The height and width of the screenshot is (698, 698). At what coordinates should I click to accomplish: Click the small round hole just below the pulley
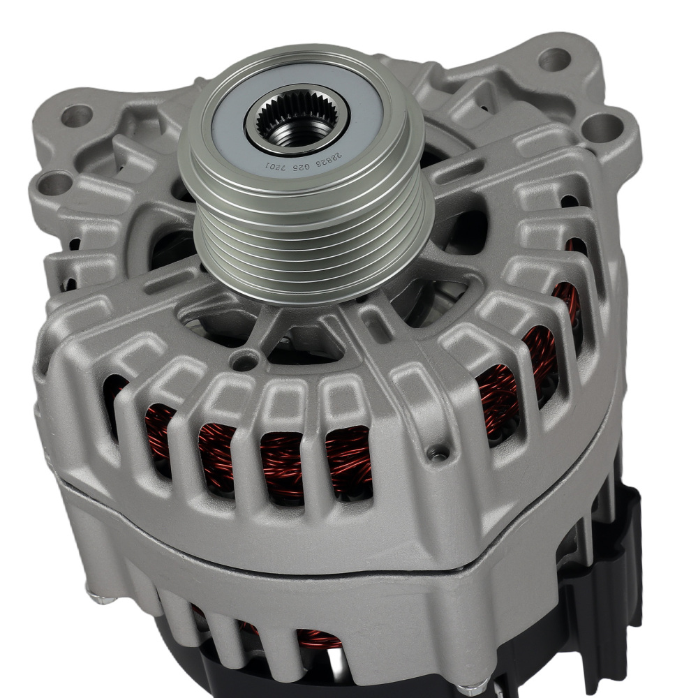coord(243,362)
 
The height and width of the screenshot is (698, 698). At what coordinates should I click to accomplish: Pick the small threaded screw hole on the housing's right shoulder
coord(438,456)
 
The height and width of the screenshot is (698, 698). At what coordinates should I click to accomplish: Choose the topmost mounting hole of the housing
coord(554,59)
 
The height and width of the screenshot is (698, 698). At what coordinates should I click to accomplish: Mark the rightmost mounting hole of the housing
coord(602,126)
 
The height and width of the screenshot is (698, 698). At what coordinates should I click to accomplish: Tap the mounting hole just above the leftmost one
coord(77,115)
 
